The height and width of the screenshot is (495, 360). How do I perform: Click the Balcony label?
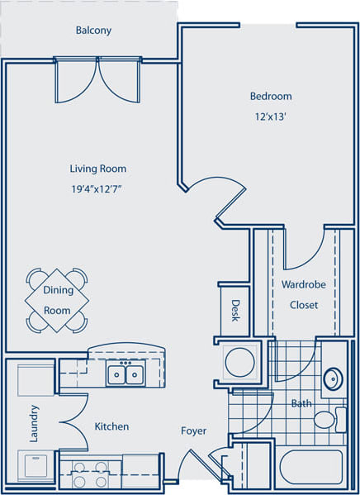pos(93,31)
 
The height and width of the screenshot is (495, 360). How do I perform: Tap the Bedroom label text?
pos(271,97)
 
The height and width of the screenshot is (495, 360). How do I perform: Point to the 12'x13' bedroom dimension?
pos(271,117)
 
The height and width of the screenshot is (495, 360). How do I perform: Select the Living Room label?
pos(98,169)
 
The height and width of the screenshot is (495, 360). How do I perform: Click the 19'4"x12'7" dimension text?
pos(98,188)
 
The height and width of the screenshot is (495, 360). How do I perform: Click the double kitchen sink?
pos(126,375)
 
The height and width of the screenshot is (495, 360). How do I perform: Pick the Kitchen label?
pos(111,426)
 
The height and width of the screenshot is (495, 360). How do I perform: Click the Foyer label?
pos(194,431)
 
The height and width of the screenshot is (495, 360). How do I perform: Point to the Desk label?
pos(235,311)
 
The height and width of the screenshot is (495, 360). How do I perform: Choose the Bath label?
pos(300,404)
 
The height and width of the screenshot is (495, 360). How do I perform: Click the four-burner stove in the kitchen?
pos(89,474)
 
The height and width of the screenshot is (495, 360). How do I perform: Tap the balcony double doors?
pos(97,80)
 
